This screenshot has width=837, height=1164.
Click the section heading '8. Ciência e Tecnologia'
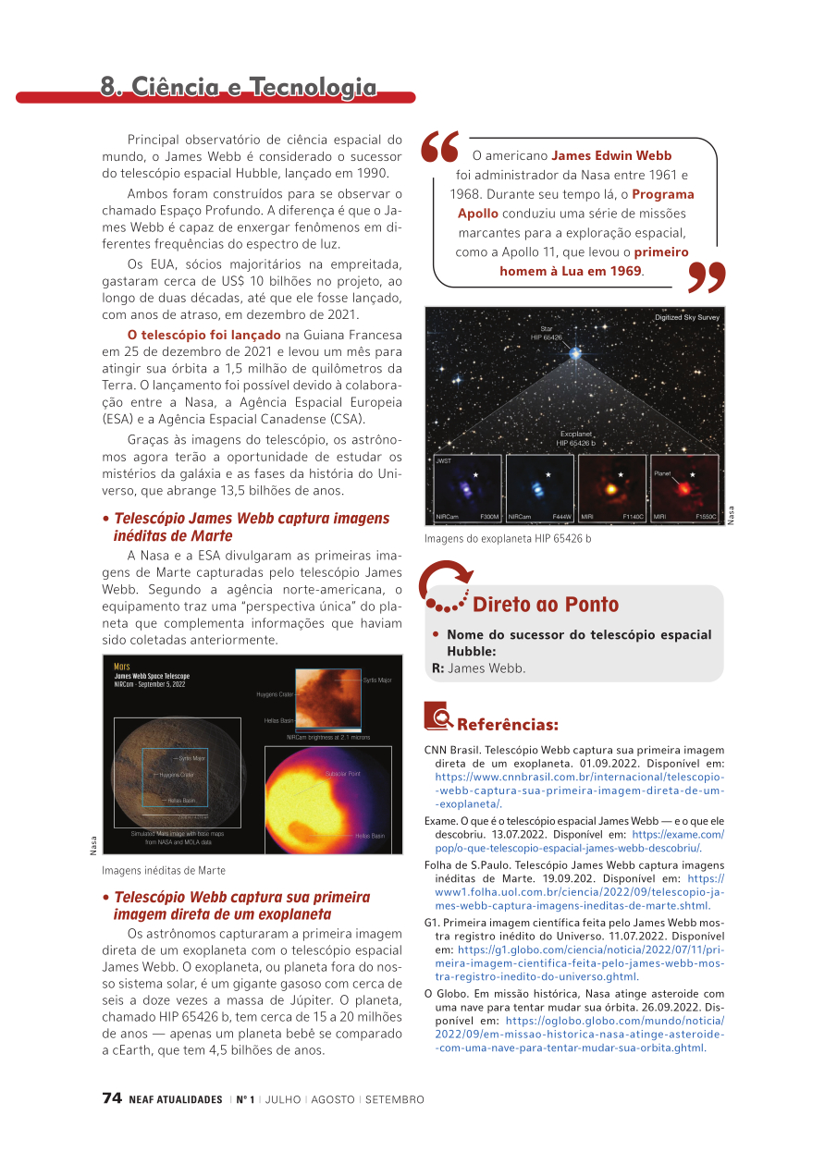(x=239, y=87)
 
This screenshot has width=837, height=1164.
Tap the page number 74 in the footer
(x=112, y=1098)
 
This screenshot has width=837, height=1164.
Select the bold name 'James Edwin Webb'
(x=611, y=155)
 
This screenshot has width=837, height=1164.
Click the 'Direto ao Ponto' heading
(x=546, y=605)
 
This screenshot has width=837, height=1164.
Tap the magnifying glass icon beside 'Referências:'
(x=438, y=717)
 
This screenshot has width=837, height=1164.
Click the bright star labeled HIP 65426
(x=576, y=351)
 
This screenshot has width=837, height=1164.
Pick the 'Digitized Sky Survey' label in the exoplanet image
(x=686, y=317)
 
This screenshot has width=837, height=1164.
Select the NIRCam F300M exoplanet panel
(x=468, y=487)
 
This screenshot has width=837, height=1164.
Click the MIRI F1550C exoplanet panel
(x=684, y=487)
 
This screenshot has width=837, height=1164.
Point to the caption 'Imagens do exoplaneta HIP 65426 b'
(x=508, y=539)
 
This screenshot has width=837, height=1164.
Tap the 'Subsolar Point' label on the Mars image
(x=342, y=773)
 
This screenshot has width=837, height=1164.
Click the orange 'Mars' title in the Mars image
(x=121, y=666)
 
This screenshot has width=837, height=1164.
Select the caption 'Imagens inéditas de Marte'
(x=164, y=870)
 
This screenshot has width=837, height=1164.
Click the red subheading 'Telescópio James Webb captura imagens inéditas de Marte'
(x=251, y=527)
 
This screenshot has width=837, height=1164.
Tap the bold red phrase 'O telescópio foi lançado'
(x=204, y=335)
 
